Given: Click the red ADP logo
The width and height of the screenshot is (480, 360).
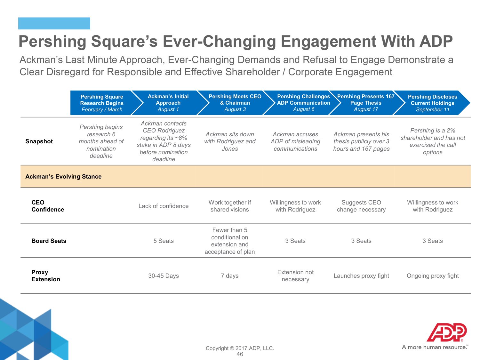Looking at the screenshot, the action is (447, 332).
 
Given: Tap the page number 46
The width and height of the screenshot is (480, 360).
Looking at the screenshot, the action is (240, 354).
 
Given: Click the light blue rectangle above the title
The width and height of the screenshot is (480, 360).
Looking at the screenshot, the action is (54, 23).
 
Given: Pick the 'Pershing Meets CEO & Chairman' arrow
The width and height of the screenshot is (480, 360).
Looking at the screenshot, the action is (236, 103).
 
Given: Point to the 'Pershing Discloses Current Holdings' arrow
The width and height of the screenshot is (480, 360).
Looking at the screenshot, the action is (432, 103).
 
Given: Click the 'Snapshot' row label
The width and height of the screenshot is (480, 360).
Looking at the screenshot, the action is (39, 141).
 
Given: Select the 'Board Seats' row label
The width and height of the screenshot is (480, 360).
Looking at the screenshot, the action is (49, 241).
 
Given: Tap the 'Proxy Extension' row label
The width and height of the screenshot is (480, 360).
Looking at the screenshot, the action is (46, 276).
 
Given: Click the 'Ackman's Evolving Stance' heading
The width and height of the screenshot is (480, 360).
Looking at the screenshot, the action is (63, 176).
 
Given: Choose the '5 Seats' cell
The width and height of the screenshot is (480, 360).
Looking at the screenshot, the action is (164, 241).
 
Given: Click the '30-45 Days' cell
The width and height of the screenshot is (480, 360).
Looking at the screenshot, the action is (164, 276).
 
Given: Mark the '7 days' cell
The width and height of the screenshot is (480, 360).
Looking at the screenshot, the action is (230, 276).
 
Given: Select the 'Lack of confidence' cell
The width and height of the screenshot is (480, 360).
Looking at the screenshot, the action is (164, 206).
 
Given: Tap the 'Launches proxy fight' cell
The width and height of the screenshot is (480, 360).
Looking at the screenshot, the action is (361, 276).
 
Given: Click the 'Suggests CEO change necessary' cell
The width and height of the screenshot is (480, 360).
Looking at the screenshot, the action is (361, 206).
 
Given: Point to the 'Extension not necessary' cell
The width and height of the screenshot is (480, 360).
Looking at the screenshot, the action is (295, 276).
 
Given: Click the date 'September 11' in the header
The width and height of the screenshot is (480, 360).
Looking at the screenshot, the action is (433, 109).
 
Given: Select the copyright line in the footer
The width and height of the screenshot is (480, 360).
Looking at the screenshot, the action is (240, 348).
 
